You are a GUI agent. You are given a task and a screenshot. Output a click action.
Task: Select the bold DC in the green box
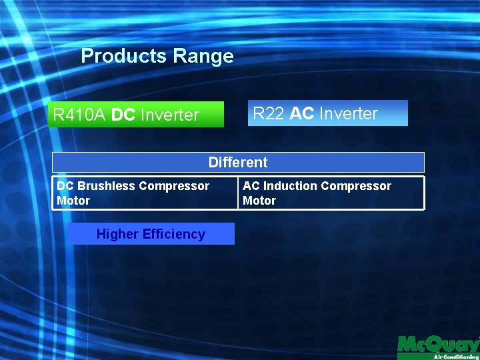coord(123,115)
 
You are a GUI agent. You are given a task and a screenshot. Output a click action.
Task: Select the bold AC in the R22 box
coord(302,113)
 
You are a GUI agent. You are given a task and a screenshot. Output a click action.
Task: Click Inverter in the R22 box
coord(348,113)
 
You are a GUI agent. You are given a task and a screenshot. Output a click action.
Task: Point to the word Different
coord(238,162)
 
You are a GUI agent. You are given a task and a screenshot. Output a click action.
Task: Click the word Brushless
coord(107,186)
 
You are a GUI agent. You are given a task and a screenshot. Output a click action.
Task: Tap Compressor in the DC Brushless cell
coord(174,186)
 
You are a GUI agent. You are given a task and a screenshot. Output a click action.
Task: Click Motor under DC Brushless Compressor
coord(73,200)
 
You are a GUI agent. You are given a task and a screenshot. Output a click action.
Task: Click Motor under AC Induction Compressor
coord(259,200)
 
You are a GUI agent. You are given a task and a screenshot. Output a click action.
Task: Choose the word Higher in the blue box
coord(117,234)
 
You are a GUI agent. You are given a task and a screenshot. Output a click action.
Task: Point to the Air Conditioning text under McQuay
coord(455,357)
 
